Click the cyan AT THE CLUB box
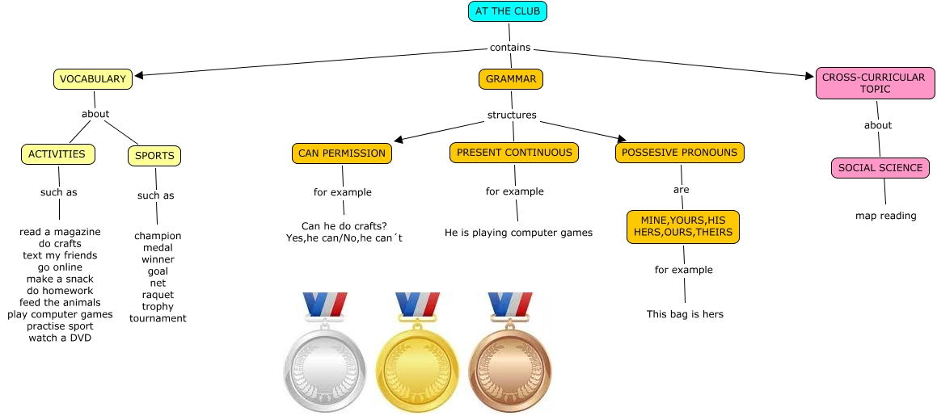click(509, 11)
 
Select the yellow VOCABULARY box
click(92, 79)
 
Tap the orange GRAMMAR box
click(511, 79)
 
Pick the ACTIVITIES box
click(57, 154)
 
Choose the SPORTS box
click(154, 155)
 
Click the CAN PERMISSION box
click(342, 153)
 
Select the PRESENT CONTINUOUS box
click(514, 153)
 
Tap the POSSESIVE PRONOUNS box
click(680, 153)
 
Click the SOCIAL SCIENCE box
click(880, 168)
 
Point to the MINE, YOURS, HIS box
click(683, 226)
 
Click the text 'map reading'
click(886, 216)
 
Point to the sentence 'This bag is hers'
click(685, 314)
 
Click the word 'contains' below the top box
click(510, 48)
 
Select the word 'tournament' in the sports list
click(158, 318)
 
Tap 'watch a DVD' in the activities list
click(60, 338)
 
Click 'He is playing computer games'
click(518, 233)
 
